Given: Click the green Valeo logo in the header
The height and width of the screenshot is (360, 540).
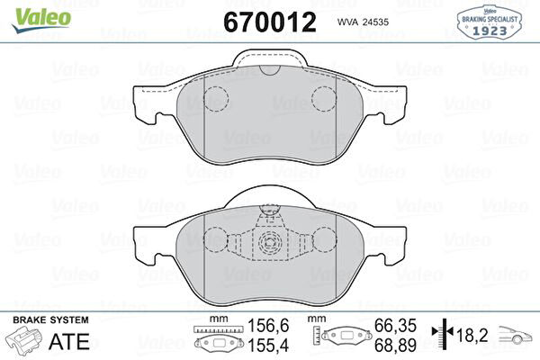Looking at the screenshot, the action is [x=41, y=20].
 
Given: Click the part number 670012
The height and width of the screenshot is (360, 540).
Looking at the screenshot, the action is [x=270, y=22].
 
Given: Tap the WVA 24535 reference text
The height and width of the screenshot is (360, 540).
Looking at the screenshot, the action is [x=363, y=22].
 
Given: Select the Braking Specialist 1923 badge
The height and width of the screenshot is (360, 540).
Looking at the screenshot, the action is [x=489, y=22].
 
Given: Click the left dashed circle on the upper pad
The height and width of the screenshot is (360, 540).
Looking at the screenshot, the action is [x=216, y=98].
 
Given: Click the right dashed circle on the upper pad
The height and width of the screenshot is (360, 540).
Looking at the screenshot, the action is [x=324, y=98].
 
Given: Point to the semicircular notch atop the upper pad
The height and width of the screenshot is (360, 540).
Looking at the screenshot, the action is [x=270, y=70].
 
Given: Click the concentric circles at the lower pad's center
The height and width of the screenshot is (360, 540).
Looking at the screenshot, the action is [x=270, y=242].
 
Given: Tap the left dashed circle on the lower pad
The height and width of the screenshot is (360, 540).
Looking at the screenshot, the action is [x=216, y=240].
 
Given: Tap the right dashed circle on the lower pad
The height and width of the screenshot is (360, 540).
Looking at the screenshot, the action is [x=324, y=240].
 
